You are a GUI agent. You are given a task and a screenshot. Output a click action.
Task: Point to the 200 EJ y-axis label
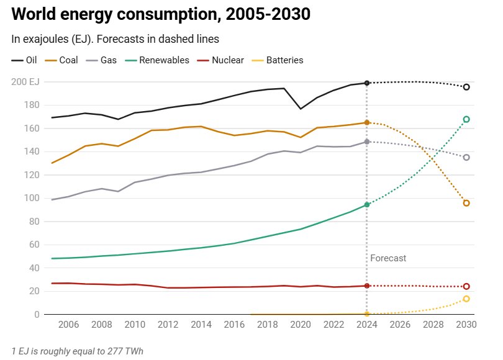pyautogui.click(x=25, y=82)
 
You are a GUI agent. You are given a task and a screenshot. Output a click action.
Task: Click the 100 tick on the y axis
pyautogui.click(x=31, y=199)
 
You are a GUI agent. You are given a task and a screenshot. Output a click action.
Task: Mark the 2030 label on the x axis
pyautogui.click(x=466, y=325)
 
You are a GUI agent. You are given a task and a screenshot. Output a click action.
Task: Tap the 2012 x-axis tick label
pyautogui.click(x=168, y=325)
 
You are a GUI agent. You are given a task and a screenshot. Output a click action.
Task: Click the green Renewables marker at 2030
pyautogui.click(x=466, y=119)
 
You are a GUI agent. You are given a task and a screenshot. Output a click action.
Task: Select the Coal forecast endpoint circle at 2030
pyautogui.click(x=466, y=203)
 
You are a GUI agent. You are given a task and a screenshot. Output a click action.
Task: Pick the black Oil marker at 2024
pyautogui.click(x=367, y=83)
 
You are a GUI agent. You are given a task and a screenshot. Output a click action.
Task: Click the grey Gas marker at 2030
pyautogui.click(x=466, y=158)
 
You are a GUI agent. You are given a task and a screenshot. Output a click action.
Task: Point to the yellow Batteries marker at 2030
pyautogui.click(x=466, y=299)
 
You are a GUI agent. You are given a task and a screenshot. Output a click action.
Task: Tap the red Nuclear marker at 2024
pyautogui.click(x=367, y=286)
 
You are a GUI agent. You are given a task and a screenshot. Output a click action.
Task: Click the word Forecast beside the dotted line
pyautogui.click(x=388, y=258)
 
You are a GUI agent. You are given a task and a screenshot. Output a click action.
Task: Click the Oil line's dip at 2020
pyautogui.click(x=301, y=109)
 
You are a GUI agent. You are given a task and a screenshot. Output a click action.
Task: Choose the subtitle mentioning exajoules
pyautogui.click(x=116, y=38)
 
